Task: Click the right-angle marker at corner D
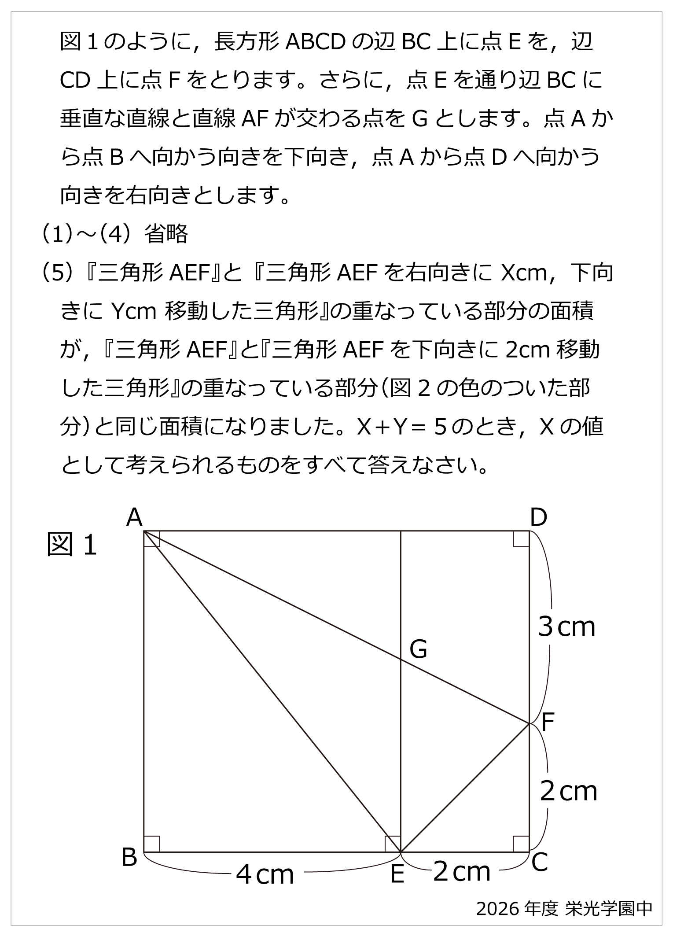[x=521, y=539]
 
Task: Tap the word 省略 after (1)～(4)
[x=166, y=234]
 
